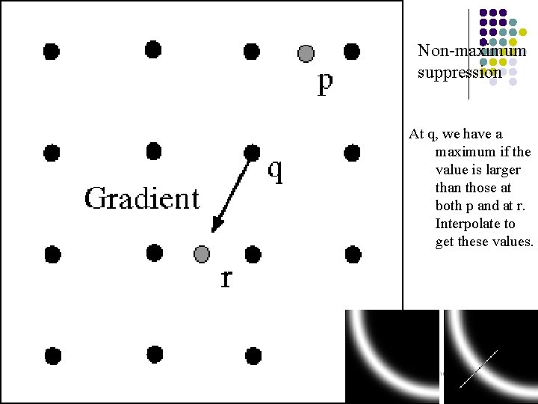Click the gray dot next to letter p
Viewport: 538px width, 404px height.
[x=306, y=53]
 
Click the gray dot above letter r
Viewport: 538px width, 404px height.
[x=202, y=254]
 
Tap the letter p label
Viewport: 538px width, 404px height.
[x=324, y=82]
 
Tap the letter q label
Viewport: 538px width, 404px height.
[x=275, y=171]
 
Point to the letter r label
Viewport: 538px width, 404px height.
[x=226, y=278]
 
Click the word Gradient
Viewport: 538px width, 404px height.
[x=142, y=199]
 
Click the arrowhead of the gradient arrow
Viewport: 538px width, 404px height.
[x=216, y=226]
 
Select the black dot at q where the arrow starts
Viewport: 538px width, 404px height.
[x=253, y=152]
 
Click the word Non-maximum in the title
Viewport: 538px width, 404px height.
[x=472, y=52]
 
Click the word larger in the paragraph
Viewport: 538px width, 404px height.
[x=511, y=170]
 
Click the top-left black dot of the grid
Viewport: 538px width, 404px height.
[x=51, y=51]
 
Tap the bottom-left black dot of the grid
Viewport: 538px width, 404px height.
[x=52, y=355]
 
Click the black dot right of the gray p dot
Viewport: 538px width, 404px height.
[x=351, y=52]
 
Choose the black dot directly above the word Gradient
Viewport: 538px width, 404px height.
[x=153, y=152]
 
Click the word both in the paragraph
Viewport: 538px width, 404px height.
[x=449, y=206]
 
